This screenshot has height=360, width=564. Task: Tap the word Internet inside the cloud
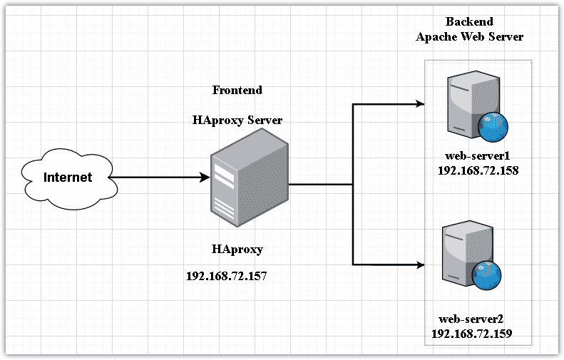click(x=68, y=178)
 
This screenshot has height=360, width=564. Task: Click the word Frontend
click(x=237, y=91)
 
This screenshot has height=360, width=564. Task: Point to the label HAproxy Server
click(x=237, y=120)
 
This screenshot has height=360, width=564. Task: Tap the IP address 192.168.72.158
click(x=479, y=170)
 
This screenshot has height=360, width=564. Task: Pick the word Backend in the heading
click(x=468, y=22)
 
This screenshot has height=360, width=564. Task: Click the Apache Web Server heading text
click(x=470, y=37)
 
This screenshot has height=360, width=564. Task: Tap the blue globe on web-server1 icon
click(x=493, y=127)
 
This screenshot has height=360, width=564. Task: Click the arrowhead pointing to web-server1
click(x=419, y=104)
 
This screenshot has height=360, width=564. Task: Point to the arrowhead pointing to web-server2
click(x=419, y=265)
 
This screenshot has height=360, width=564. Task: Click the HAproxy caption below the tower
click(x=237, y=250)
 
